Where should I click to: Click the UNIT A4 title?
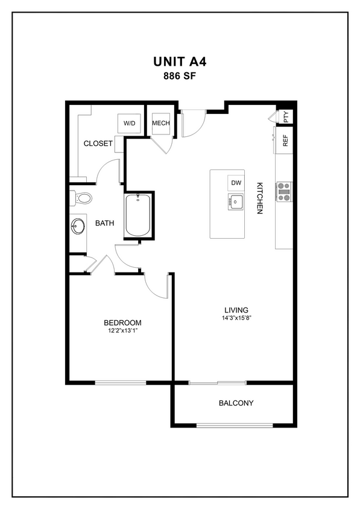click(180, 62)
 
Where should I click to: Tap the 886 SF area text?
click(180, 76)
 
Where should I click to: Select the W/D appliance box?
click(130, 123)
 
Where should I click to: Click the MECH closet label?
click(161, 123)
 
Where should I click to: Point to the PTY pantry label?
click(286, 116)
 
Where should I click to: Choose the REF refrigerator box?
click(285, 141)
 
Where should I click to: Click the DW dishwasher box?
click(236, 183)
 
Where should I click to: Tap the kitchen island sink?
click(235, 202)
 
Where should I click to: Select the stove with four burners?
click(284, 192)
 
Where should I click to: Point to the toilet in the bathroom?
click(81, 197)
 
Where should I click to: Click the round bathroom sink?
click(78, 226)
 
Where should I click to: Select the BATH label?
click(105, 223)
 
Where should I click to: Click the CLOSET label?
click(98, 144)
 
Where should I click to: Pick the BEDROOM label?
click(122, 322)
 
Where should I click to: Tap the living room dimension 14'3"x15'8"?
click(236, 318)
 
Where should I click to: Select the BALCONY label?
click(236, 403)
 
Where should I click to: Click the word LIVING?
click(236, 309)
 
